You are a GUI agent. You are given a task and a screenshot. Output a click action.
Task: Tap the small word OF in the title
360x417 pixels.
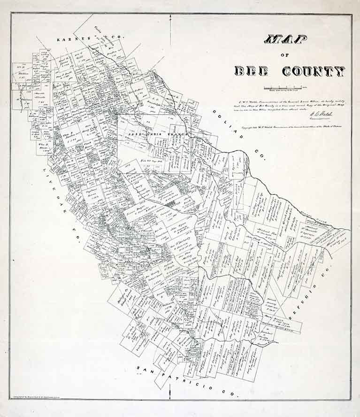point(285,56)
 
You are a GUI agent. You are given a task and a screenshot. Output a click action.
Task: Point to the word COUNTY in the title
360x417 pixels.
point(314,71)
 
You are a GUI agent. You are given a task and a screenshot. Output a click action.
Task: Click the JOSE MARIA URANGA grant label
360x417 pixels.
point(158,134)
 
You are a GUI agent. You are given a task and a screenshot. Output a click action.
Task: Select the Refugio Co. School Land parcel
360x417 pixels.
point(123,295)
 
